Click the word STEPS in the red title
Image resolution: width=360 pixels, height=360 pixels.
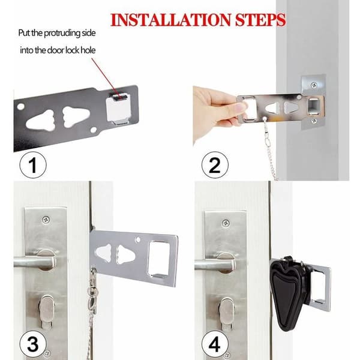click(260, 20)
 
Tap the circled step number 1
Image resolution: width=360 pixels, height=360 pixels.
click(33, 165)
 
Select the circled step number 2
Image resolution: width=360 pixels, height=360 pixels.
click(215, 165)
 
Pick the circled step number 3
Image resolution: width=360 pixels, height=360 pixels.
click(33, 344)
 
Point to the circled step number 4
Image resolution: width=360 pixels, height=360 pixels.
click(215, 344)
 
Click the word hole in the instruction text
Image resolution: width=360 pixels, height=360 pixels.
click(88, 50)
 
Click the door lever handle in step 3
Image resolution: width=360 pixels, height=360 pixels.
click(34, 261)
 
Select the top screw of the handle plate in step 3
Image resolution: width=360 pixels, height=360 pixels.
click(46, 220)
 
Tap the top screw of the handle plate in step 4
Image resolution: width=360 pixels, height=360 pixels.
click(226, 223)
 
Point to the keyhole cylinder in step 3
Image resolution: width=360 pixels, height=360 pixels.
click(47, 311)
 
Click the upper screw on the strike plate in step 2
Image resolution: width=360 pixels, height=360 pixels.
click(314, 85)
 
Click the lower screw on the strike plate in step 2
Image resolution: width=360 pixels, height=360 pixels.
click(314, 121)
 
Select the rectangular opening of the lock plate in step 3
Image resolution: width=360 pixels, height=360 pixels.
click(159, 259)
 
